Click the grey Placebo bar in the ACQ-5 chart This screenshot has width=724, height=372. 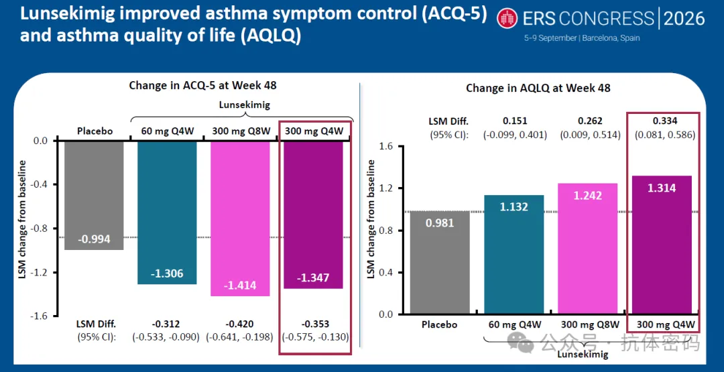[x=94, y=195]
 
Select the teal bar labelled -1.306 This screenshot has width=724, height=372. [x=167, y=212]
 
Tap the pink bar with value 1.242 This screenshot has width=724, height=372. [x=588, y=249]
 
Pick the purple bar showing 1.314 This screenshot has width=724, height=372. [x=662, y=245]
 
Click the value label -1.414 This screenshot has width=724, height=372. [x=239, y=286]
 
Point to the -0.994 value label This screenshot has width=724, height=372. [x=94, y=239]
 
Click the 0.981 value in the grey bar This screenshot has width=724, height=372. [x=440, y=223]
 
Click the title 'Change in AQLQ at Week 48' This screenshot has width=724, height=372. [x=538, y=88]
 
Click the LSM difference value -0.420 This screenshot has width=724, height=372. [x=239, y=323]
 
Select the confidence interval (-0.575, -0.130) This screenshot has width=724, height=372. [x=314, y=337]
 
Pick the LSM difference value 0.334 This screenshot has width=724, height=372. [x=664, y=121]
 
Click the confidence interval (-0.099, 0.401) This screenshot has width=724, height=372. [x=515, y=135]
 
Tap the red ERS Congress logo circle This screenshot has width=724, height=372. [x=508, y=18]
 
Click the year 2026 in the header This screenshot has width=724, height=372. [x=684, y=19]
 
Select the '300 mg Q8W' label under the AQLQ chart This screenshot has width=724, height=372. [x=588, y=324]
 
